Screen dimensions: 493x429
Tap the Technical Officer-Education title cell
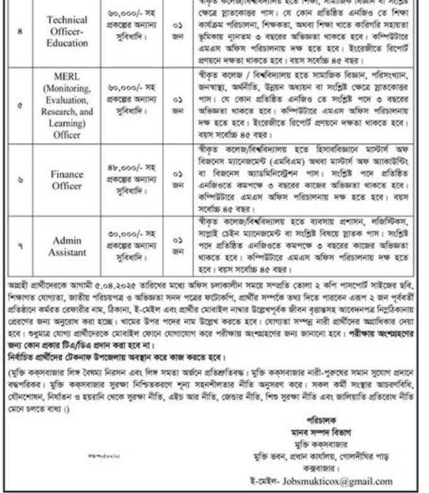tap(67, 30)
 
